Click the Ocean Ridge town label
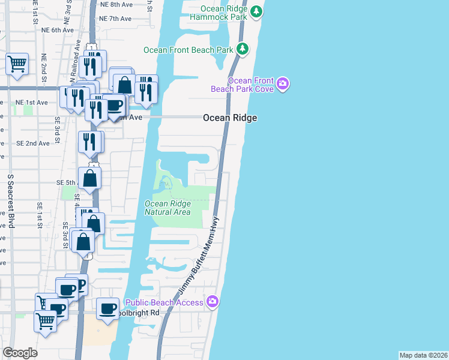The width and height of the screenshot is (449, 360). (x=230, y=118)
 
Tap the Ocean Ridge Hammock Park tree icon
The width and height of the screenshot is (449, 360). (x=256, y=11)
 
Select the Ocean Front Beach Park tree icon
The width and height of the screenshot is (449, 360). (x=243, y=49)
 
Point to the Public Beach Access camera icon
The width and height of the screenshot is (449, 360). (x=212, y=302)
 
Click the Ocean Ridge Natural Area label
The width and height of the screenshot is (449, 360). (x=168, y=208)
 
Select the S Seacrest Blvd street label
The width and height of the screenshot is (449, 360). (x=11, y=201)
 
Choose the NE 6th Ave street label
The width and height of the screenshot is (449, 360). (x=58, y=29)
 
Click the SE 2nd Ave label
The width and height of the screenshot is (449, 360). (x=33, y=143)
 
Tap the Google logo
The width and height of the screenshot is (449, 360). (x=20, y=353)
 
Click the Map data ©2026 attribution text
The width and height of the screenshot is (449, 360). (x=423, y=355)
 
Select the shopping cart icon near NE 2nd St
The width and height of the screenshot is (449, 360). (x=17, y=63)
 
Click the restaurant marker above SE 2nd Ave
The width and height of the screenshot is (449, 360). (x=91, y=142)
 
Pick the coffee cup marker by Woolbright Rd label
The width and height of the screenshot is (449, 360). (x=107, y=308)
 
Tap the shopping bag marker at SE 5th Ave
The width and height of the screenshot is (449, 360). (x=89, y=178)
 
